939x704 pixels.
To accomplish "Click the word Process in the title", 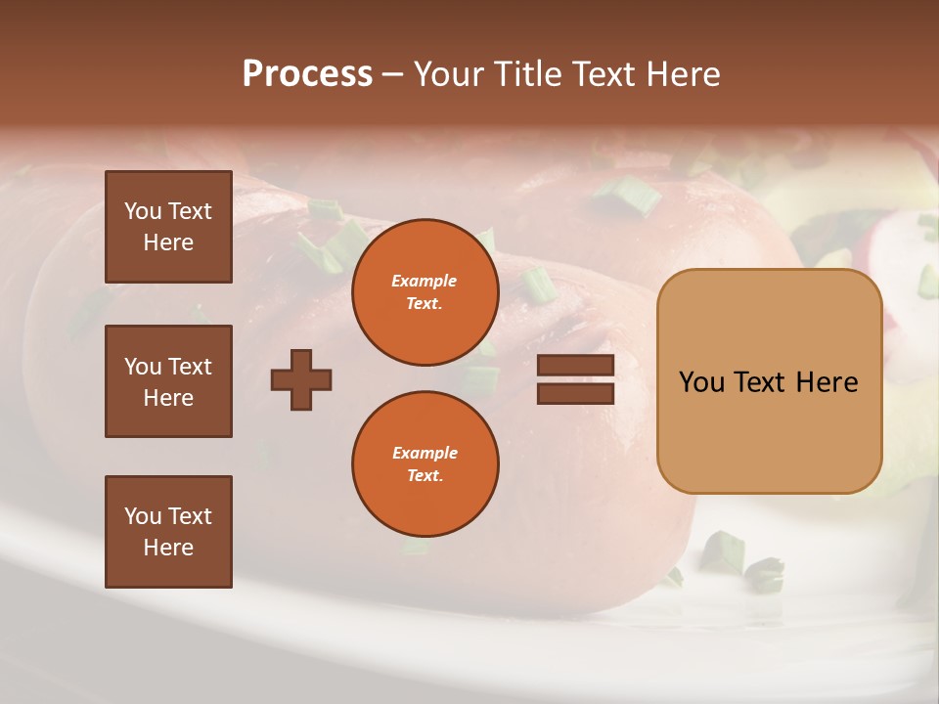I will click(x=307, y=74).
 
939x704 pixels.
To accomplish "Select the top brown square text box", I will click(x=168, y=227).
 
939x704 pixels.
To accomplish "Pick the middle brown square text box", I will click(x=168, y=381).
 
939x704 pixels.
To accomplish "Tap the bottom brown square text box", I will click(x=168, y=532).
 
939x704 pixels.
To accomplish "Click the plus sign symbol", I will click(x=301, y=379).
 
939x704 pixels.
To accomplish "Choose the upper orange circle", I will click(x=425, y=292).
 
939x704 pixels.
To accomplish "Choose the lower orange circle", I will click(x=425, y=464).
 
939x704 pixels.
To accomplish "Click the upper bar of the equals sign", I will click(x=576, y=366).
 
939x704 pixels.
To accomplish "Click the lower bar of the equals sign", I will click(x=576, y=393).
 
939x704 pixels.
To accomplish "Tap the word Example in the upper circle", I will click(x=425, y=281).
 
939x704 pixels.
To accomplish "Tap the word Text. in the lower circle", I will click(x=425, y=476).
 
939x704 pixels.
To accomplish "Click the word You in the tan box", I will click(x=701, y=382).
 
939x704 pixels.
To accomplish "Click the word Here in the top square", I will click(x=168, y=242).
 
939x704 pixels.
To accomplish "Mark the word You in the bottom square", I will click(x=143, y=516).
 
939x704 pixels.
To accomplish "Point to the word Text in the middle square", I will click(x=190, y=367).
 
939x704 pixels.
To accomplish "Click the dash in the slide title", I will click(x=393, y=74).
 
